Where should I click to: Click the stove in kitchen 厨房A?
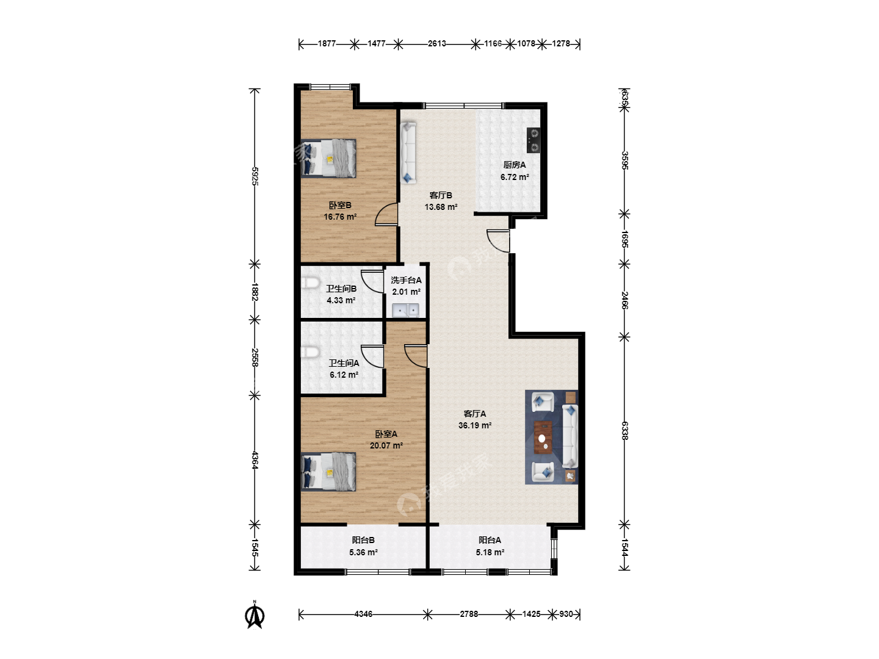[x=534, y=140]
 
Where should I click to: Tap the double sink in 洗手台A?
[x=405, y=311]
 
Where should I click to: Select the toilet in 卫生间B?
[x=309, y=283]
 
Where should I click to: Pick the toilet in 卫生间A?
[x=309, y=353]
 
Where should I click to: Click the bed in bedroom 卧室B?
[x=328, y=158]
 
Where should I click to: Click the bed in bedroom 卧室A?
[x=328, y=472]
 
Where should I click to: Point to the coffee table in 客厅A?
[x=543, y=437]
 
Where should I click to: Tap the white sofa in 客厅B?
[x=408, y=153]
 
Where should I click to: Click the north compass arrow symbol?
[x=255, y=615]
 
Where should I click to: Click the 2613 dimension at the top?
[x=436, y=43]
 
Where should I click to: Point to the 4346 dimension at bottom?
[x=363, y=614]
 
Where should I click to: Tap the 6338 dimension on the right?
[x=624, y=431]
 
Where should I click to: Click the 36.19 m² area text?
[x=475, y=425]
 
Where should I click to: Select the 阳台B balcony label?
[x=363, y=540]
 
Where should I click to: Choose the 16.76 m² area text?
[x=340, y=217]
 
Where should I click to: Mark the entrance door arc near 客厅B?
[x=498, y=241]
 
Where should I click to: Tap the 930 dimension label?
[x=566, y=614]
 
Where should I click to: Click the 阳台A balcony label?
[x=490, y=540]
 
